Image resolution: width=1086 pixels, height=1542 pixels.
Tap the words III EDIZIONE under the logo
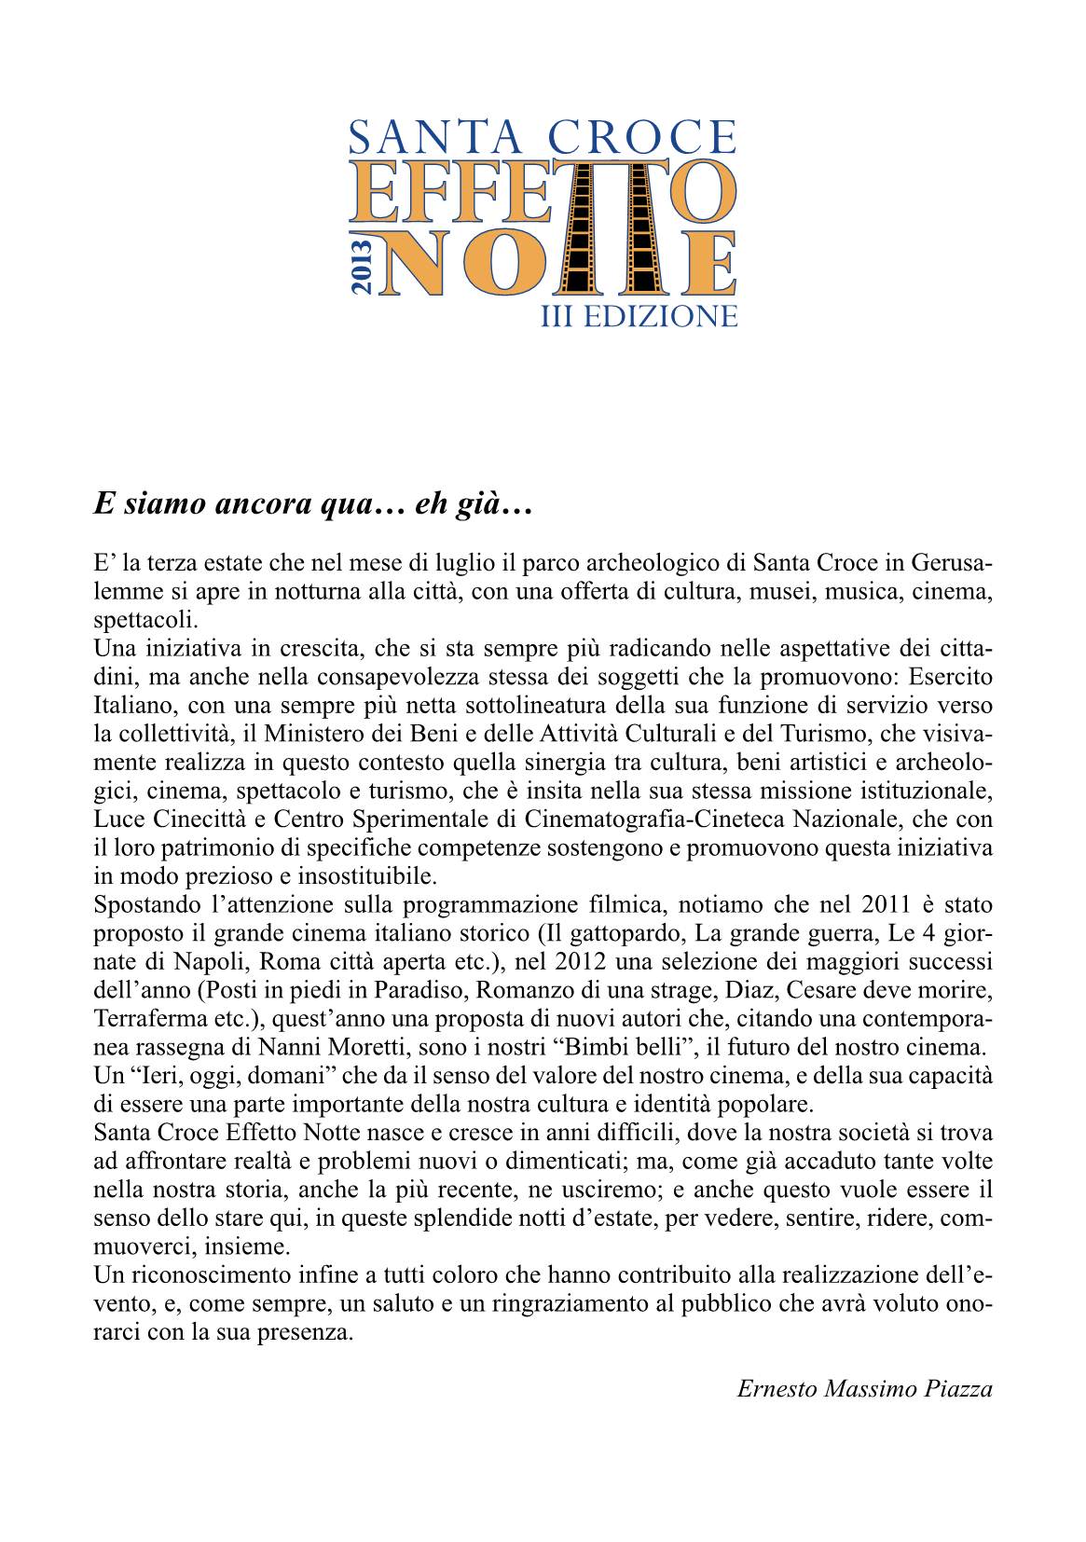point(639,316)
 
